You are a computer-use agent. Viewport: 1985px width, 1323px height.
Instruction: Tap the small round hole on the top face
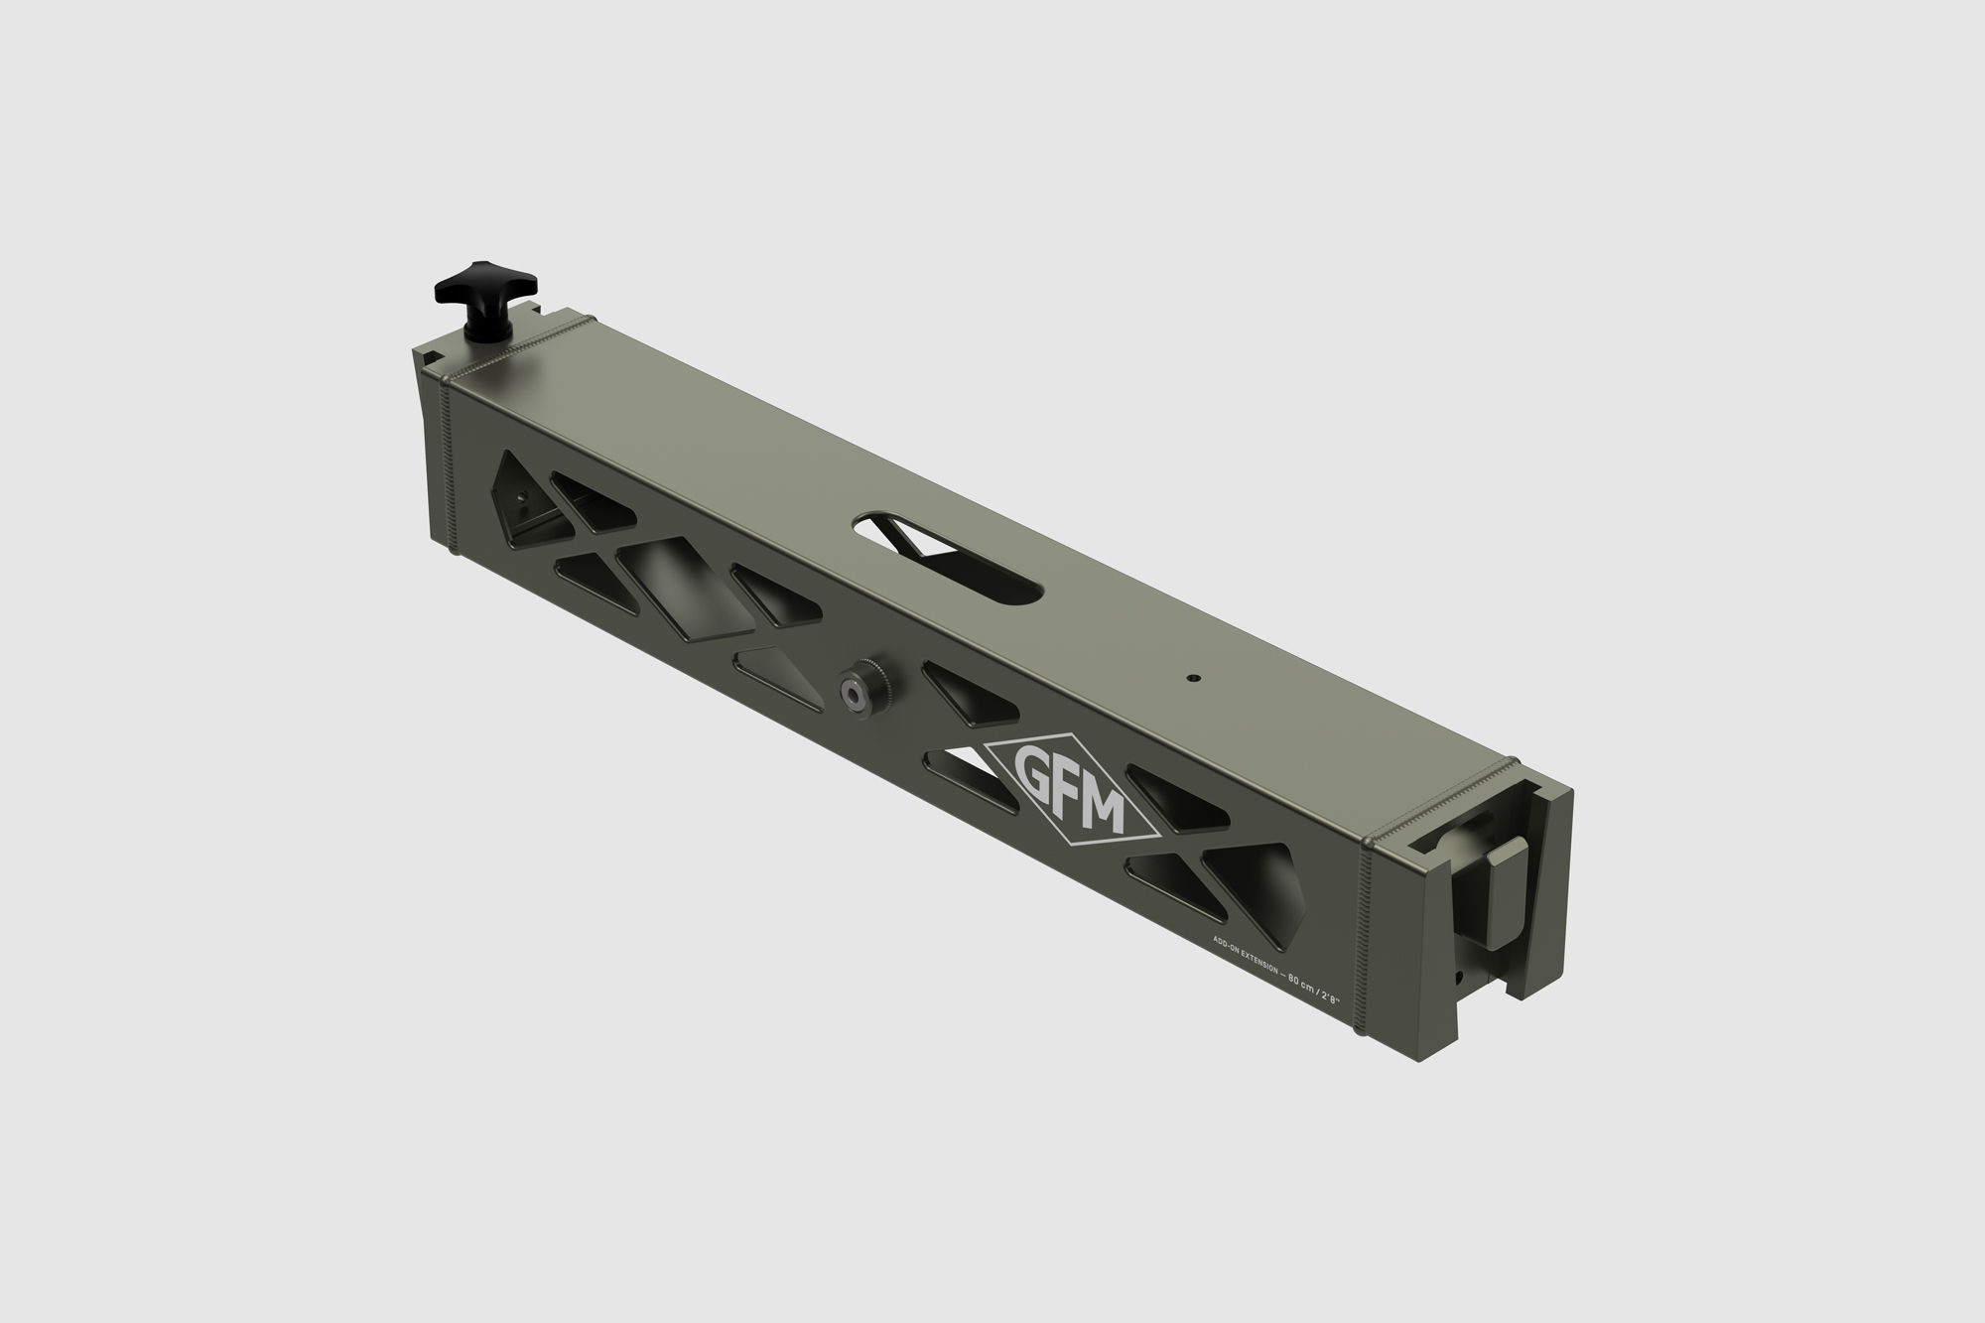click(1192, 677)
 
